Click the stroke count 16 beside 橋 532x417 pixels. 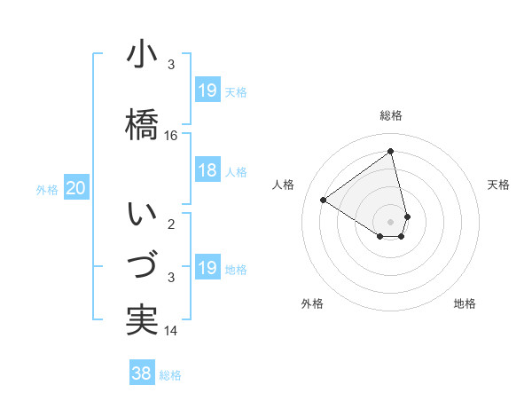click(171, 136)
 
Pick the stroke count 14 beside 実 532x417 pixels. click(171, 331)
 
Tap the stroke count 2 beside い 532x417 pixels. click(171, 224)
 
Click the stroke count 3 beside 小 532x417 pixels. click(171, 65)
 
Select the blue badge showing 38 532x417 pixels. click(141, 374)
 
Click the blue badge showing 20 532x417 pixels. click(76, 188)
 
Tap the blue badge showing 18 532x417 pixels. click(207, 170)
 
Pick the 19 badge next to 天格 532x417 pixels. click(207, 90)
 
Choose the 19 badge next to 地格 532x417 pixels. click(207, 268)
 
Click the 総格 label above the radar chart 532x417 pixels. click(391, 115)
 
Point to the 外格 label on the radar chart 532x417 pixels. click(312, 303)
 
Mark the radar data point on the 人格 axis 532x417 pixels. click(324, 200)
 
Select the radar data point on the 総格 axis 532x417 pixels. click(391, 151)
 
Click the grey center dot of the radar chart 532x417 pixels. click(391, 221)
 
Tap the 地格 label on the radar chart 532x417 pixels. click(465, 303)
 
